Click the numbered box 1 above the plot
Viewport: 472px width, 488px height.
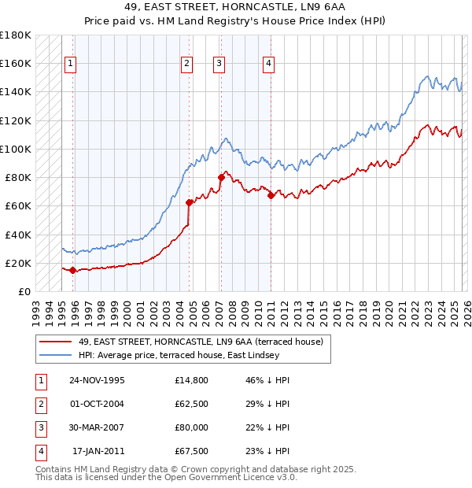[x=71, y=64]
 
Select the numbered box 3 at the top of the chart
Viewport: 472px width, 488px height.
[x=219, y=64]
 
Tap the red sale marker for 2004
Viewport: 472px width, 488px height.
[x=189, y=202]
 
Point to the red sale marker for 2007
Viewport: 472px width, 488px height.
[x=221, y=178]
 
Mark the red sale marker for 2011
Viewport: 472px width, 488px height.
[x=271, y=196]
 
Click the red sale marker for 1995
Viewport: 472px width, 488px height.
[x=73, y=271]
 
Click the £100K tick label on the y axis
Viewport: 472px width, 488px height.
[x=16, y=149]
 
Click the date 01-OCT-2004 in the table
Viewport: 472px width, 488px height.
[x=97, y=404]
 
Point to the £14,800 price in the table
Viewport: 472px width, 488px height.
[x=192, y=380]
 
